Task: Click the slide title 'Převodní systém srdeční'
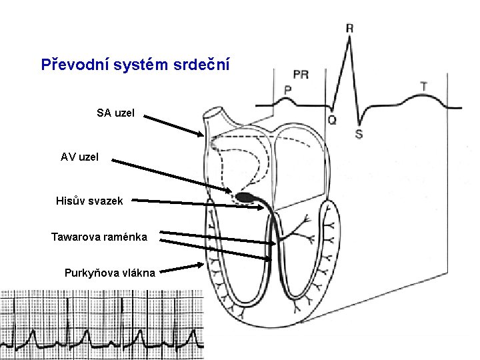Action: coord(136,65)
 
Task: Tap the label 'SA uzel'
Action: coord(115,113)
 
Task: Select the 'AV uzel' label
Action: coord(79,157)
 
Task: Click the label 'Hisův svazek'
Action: coord(89,201)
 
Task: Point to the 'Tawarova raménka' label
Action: coord(99,236)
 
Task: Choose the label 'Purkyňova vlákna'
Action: coord(110,272)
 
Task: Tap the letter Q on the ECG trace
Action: coord(332,120)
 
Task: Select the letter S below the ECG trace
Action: coord(359,134)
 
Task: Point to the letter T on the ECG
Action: coord(424,86)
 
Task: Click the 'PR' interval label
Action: coord(301,75)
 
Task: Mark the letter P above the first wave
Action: coord(288,89)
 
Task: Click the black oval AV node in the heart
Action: coord(244,197)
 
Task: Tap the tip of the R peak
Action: coord(349,38)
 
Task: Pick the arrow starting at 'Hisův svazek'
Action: coord(200,203)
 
